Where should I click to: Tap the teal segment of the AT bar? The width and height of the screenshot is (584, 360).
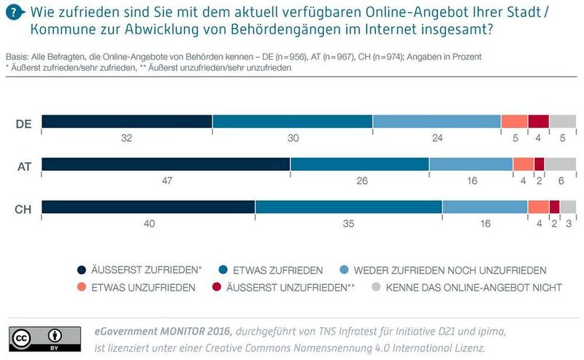point(359,164)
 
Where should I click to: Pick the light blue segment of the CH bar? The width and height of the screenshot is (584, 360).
point(485,207)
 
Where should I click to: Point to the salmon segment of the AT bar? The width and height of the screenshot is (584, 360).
point(523,164)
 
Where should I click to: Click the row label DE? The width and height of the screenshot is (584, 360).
point(23,124)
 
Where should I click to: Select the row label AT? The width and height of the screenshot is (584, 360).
point(23,166)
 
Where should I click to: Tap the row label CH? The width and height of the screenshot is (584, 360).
point(23,209)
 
